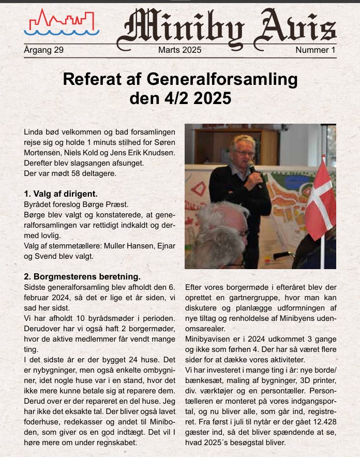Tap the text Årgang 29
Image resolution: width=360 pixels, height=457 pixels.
click(x=43, y=50)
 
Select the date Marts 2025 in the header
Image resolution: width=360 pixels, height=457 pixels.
click(x=179, y=50)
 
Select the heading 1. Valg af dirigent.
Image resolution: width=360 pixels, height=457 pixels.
click(x=61, y=194)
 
